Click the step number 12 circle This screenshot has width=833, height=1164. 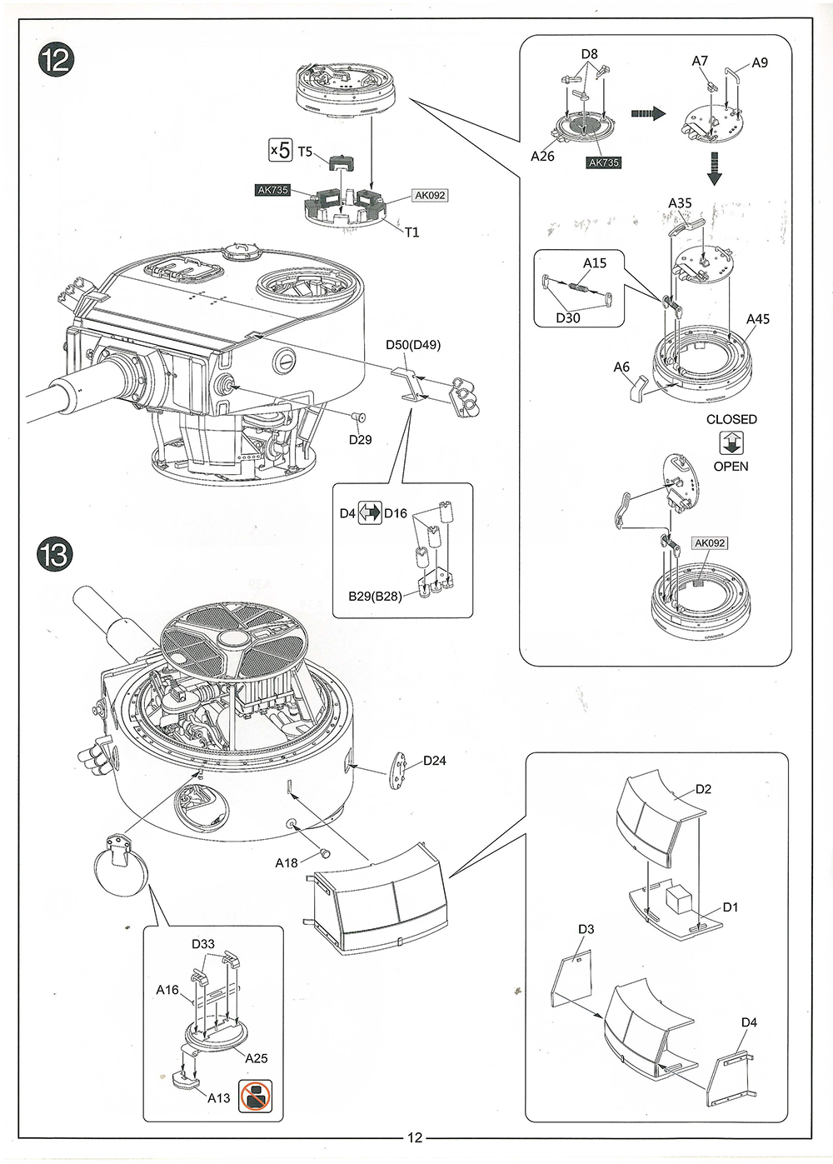tap(57, 60)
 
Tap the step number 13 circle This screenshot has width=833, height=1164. tap(55, 554)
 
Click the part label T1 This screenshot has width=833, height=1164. tap(412, 232)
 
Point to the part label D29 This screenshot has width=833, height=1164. tap(360, 439)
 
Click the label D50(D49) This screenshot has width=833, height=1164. tap(413, 345)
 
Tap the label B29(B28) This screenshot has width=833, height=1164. tap(375, 596)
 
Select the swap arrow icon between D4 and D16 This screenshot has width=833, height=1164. tap(370, 513)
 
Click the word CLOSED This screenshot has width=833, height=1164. tap(731, 419)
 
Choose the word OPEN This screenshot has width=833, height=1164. tap(731, 467)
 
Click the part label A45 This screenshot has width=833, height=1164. tap(758, 319)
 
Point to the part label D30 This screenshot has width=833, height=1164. tap(567, 317)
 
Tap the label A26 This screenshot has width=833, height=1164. tap(542, 156)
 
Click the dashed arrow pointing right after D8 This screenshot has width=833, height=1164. tap(648, 113)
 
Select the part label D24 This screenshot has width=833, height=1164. tap(434, 760)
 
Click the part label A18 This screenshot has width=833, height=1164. tap(287, 862)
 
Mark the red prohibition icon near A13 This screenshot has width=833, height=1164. tap(256, 1097)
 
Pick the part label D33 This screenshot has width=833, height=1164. tap(203, 944)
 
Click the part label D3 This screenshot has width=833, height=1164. tap(586, 929)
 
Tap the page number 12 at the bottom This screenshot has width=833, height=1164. tap(415, 1137)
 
